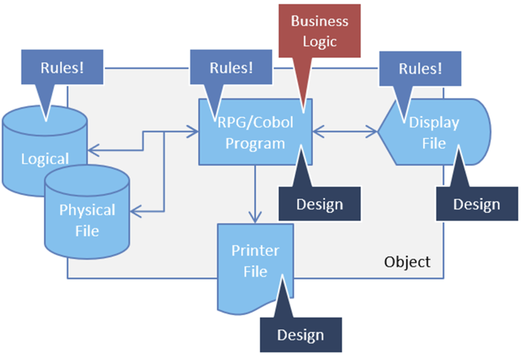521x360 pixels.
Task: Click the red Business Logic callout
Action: point(320,31)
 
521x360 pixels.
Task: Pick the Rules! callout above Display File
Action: point(420,68)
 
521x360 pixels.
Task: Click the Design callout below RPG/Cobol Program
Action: point(320,204)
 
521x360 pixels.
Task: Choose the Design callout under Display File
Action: point(476,204)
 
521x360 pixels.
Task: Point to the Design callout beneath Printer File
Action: point(300,334)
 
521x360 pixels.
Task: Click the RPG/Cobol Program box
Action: point(255,132)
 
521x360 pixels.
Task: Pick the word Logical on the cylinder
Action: point(45,159)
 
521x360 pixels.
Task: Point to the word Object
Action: point(407,262)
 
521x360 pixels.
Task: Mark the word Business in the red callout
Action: point(320,21)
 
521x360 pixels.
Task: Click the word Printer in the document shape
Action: point(255,250)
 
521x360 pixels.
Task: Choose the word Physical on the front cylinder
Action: point(87,210)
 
